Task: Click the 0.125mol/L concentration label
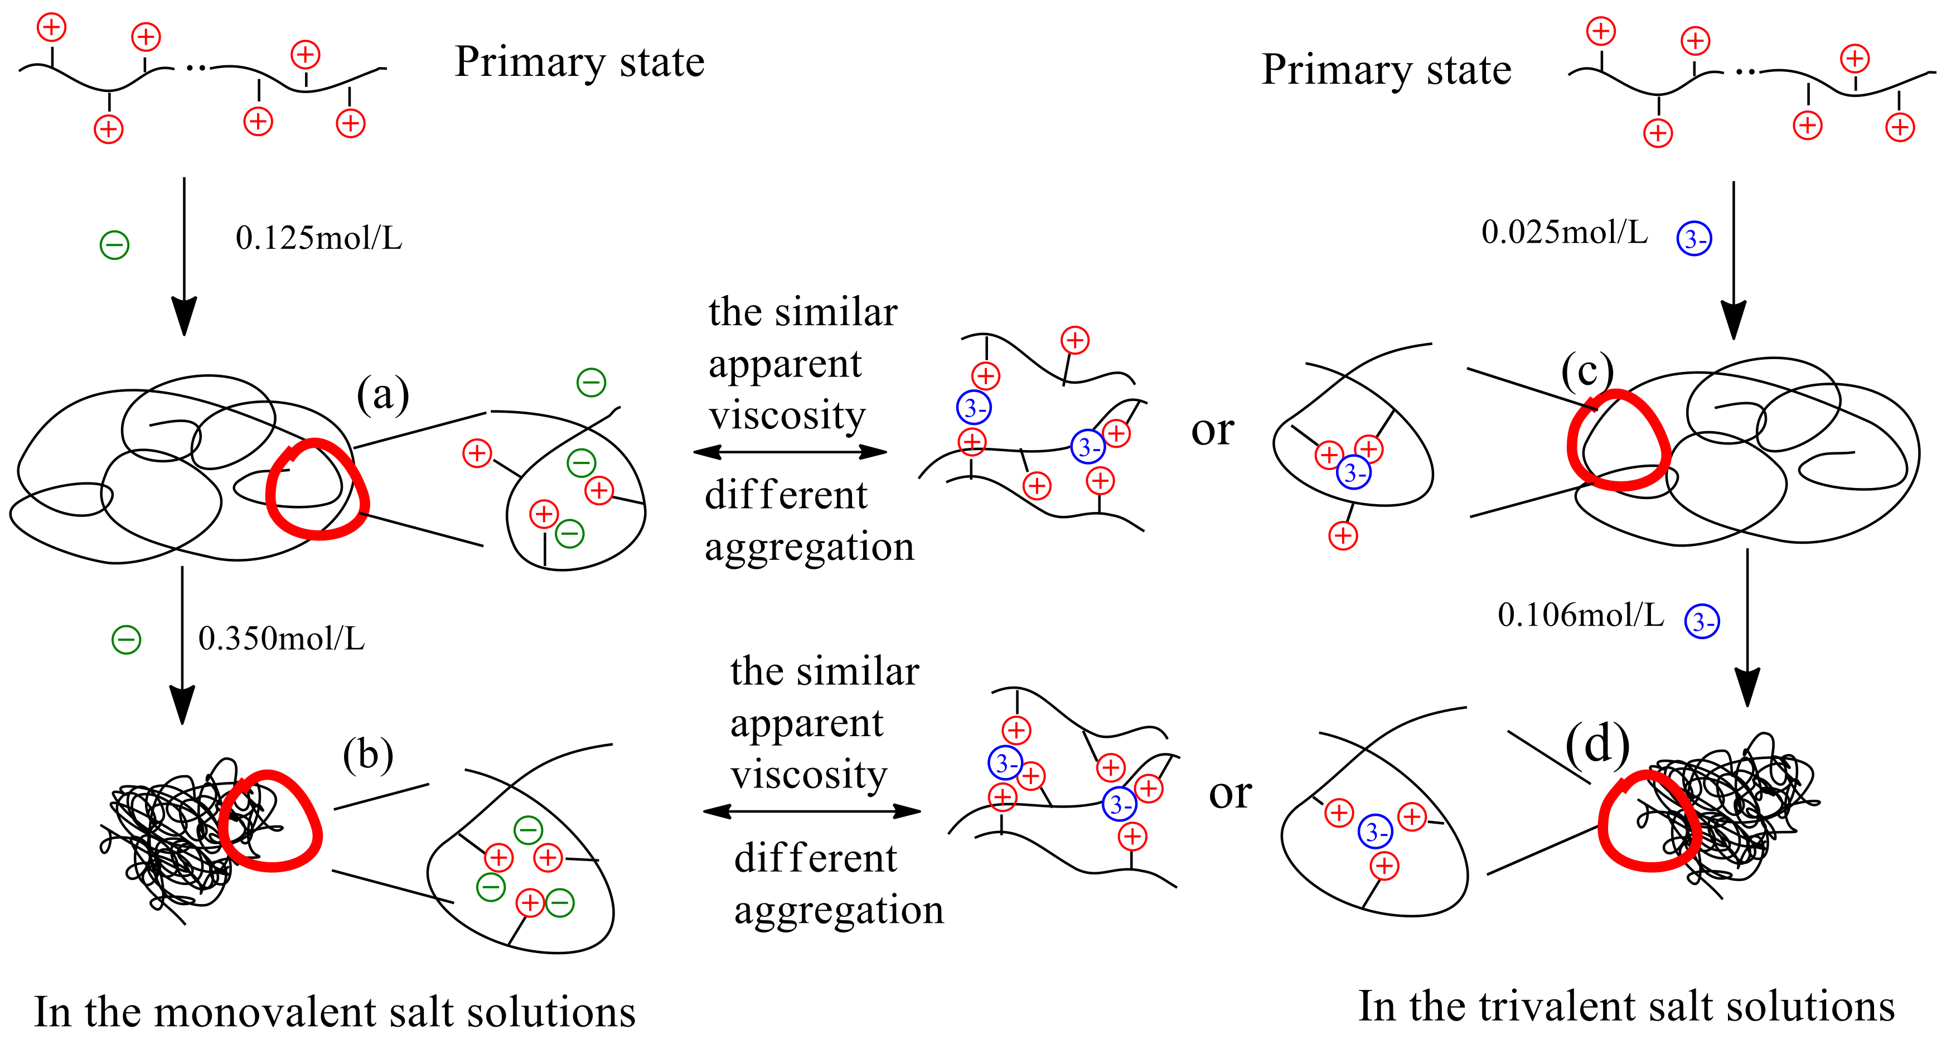click(318, 238)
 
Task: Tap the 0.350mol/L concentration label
click(281, 639)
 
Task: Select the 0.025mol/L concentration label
click(1564, 233)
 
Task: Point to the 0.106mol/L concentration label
click(1580, 615)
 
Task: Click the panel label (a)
click(383, 395)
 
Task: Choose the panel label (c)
click(1586, 371)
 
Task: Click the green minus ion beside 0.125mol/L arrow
click(115, 244)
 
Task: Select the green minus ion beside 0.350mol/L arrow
click(126, 639)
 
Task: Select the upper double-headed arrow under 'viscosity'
click(790, 452)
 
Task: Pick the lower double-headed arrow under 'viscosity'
click(812, 811)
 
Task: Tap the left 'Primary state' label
click(579, 62)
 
